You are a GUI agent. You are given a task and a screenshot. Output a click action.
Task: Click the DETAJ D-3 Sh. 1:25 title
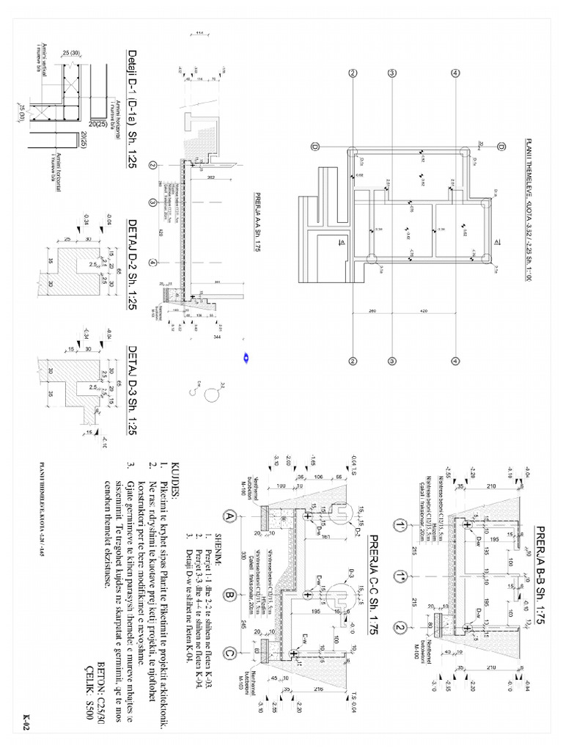coord(133,389)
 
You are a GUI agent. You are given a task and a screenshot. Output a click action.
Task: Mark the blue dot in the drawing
coord(246,358)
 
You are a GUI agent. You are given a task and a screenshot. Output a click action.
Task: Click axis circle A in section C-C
coord(231,516)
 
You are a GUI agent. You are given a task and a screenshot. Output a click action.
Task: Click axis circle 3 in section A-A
coord(152,203)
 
